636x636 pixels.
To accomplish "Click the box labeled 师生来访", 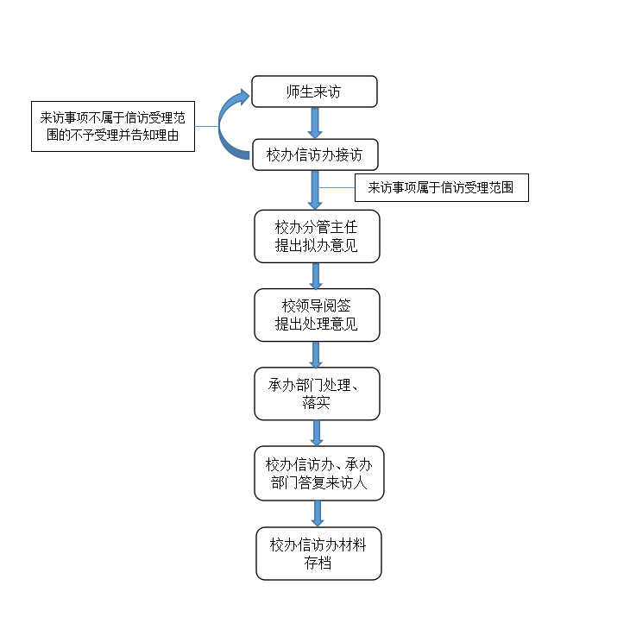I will point(314,91).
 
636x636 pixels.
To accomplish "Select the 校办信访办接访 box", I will point(315,155).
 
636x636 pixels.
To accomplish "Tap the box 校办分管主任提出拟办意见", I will point(316,236).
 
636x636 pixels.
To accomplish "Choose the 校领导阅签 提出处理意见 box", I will point(317,315).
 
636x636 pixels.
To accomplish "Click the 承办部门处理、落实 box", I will point(317,394).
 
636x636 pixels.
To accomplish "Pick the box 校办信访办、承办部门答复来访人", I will point(318,473).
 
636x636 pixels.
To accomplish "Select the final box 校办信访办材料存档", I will point(318,553).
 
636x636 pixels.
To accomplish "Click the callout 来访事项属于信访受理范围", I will point(441,187).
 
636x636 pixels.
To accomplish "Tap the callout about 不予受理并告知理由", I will point(112,127).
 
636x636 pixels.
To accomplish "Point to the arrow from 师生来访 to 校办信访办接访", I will point(315,123).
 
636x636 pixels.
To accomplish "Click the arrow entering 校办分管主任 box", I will point(316,190).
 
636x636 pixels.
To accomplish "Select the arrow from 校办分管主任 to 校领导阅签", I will point(316,275).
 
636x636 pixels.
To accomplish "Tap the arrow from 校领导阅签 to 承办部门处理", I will point(316,354).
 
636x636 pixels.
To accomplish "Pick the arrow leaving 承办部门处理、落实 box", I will point(317,432).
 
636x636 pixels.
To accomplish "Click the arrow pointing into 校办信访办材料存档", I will point(318,513).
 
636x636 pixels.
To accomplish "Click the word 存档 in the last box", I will point(318,564).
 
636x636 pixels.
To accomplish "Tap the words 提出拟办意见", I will point(316,246).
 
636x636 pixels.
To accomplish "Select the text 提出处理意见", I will point(316,324).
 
